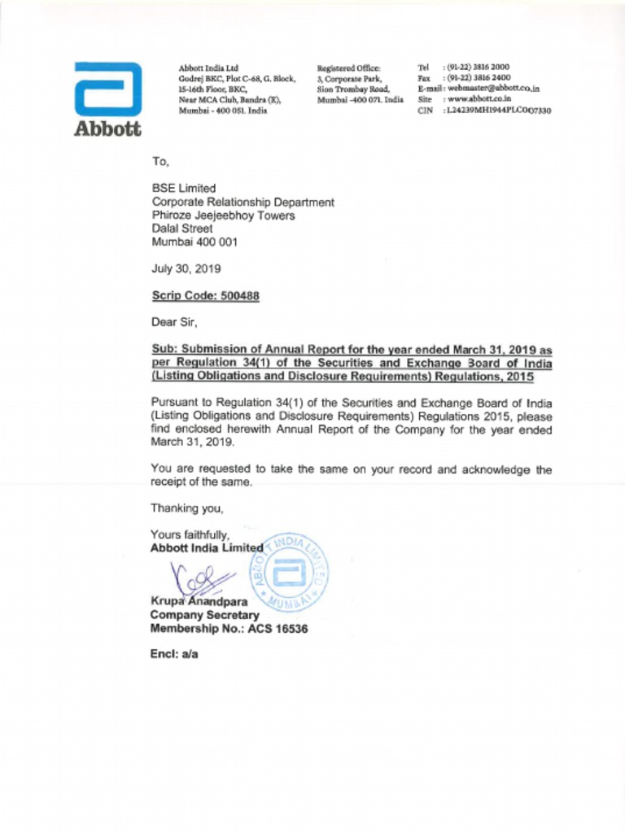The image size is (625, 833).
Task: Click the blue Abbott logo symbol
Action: click(x=107, y=89)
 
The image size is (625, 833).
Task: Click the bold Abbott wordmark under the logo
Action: click(x=107, y=129)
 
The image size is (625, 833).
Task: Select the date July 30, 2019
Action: click(x=186, y=268)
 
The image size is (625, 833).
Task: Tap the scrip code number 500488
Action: click(x=239, y=296)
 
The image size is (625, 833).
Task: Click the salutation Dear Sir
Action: click(x=173, y=321)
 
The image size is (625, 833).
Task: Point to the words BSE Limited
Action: click(x=184, y=189)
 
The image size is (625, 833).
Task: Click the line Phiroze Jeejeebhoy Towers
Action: click(x=223, y=216)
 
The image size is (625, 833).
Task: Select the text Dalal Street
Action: click(x=181, y=229)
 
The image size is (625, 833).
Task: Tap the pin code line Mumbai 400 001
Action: click(x=194, y=242)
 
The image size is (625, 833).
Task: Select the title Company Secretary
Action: click(x=204, y=616)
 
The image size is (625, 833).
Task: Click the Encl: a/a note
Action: click(x=174, y=653)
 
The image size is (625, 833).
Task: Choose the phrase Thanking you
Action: click(x=186, y=508)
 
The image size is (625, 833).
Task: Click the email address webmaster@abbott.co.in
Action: click(x=494, y=88)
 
